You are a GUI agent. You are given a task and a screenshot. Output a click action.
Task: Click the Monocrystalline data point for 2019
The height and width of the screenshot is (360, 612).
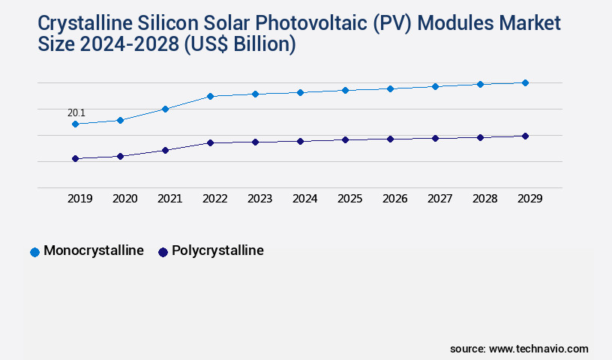point(75,124)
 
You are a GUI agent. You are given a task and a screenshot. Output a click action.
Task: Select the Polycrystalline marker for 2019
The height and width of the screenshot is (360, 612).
point(75,158)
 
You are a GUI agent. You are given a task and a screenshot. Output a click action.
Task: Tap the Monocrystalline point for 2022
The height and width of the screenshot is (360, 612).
point(210,96)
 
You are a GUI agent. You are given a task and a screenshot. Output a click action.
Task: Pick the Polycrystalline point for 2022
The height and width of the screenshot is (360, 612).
point(210,142)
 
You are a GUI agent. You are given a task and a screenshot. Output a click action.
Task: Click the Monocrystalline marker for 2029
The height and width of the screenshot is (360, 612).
point(525,82)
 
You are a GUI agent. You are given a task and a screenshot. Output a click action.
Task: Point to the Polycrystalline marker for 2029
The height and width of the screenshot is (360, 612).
point(525,136)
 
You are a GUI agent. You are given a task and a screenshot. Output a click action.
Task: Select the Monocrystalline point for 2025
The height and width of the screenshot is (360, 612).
point(345,90)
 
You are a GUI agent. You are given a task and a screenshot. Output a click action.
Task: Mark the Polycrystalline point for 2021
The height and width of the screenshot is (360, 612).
point(165,150)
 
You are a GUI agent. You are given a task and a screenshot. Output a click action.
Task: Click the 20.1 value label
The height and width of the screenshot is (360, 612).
point(76,113)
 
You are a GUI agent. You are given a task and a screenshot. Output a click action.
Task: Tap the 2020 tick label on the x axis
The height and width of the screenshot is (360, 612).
point(124,199)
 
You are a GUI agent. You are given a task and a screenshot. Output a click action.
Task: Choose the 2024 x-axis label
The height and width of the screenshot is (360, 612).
point(304,199)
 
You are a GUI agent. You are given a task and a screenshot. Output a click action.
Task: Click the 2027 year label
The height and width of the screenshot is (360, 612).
point(439,199)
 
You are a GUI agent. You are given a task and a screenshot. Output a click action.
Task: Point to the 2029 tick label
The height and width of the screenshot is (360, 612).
point(529,199)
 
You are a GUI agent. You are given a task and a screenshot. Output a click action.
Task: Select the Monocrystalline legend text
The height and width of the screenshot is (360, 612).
point(94,251)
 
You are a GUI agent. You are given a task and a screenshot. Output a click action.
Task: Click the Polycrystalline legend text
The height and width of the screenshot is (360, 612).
point(217,251)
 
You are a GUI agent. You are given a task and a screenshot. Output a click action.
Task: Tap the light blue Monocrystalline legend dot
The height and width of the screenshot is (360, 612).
point(34,252)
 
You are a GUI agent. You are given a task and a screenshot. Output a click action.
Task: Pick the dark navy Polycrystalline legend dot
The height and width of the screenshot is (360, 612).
point(163,252)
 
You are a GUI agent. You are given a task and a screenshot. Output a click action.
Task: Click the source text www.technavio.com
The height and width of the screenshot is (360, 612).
point(538,349)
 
